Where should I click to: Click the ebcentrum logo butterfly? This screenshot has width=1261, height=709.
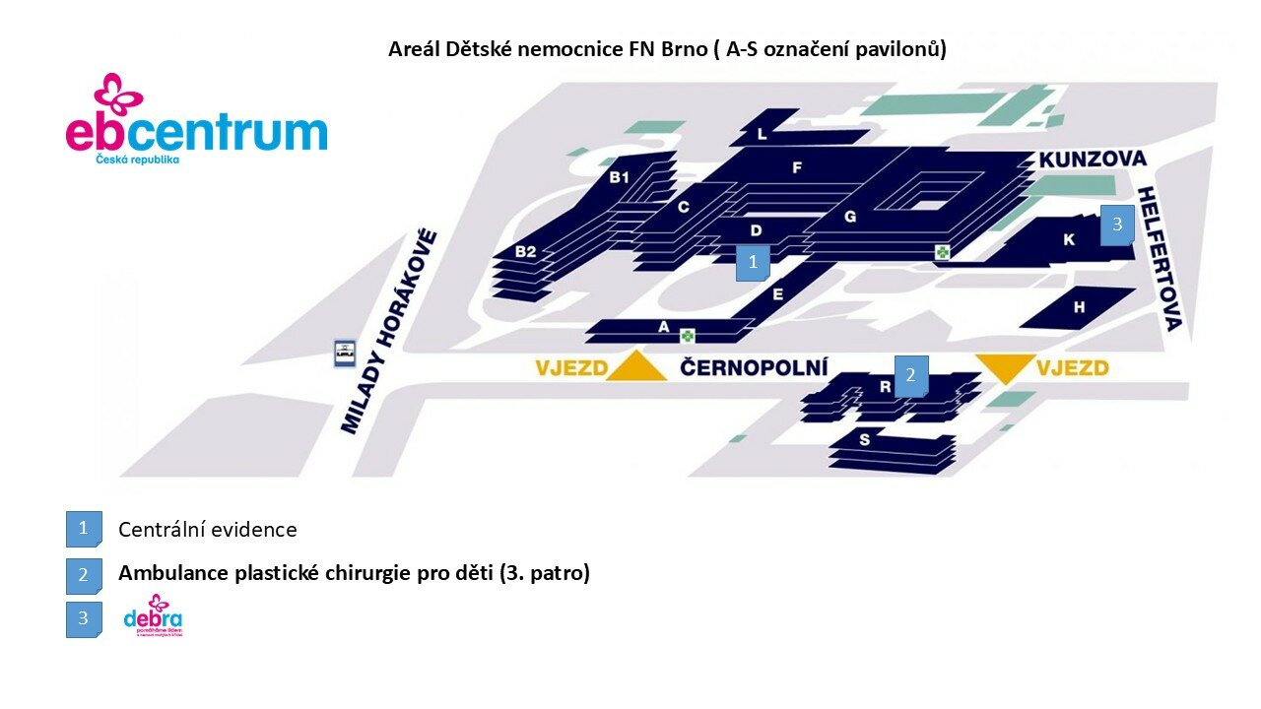coord(118,94)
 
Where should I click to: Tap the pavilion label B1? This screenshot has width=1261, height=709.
coord(619,177)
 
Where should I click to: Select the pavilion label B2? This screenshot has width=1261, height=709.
coord(526,252)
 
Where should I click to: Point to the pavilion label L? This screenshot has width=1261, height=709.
coord(762,135)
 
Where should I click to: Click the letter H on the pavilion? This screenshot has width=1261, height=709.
coord(1080,308)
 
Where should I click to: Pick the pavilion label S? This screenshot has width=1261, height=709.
coord(865,440)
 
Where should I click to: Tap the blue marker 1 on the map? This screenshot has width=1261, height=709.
coord(753,263)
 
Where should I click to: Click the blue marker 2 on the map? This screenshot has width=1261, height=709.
coord(910,375)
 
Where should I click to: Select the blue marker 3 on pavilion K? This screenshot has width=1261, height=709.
coord(1117,225)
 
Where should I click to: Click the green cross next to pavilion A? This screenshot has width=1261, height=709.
coord(688,336)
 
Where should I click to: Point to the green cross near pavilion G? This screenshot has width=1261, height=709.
coord(943,253)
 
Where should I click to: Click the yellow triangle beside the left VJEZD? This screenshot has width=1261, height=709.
coord(635,366)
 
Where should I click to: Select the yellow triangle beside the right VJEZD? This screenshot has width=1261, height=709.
coord(1005,367)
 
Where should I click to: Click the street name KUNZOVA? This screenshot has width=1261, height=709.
coord(1093,160)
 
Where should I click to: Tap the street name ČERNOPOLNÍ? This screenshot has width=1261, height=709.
coord(754,368)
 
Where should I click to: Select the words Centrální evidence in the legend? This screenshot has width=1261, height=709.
coord(207,530)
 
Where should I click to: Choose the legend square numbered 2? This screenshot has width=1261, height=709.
coord(84,575)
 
